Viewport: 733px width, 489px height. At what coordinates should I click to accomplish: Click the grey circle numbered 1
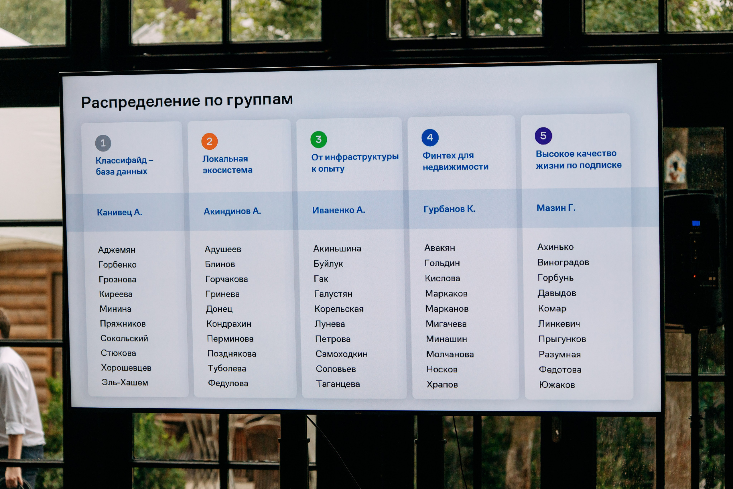tap(103, 143)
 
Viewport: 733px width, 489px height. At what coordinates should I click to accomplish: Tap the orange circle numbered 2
tap(209, 141)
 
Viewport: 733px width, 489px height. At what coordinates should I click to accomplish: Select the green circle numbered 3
tap(318, 140)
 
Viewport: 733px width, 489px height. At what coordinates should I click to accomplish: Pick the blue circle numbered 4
tap(430, 138)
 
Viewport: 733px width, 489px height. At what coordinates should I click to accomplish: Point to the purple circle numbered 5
tap(543, 136)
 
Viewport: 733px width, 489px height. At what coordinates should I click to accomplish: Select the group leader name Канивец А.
tap(119, 212)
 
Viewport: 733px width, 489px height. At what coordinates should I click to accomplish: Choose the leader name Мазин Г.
tap(556, 208)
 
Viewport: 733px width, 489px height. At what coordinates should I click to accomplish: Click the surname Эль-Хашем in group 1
tap(125, 382)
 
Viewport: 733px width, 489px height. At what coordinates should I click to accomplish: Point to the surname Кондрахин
tap(229, 324)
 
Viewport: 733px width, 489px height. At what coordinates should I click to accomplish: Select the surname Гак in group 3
tap(321, 279)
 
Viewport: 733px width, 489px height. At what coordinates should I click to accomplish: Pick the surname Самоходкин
tap(342, 354)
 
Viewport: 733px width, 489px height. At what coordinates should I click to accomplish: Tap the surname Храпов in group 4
tap(442, 384)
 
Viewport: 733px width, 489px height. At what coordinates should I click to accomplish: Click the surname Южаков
tap(557, 385)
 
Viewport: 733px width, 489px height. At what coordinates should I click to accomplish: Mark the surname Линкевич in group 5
tap(559, 324)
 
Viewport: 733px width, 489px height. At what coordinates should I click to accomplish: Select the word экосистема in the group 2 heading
tap(228, 170)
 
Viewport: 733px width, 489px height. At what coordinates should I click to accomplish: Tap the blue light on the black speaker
tap(696, 223)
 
